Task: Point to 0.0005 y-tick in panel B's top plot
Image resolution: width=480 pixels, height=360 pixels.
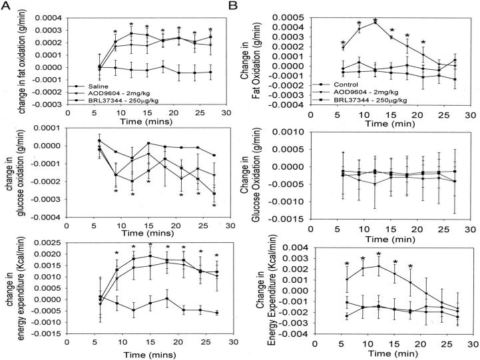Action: tap(288, 5)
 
